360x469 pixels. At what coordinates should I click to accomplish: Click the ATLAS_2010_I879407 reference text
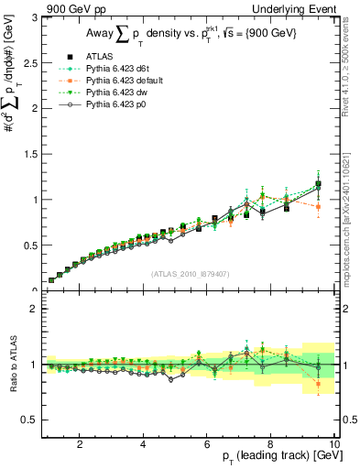pos(190,273)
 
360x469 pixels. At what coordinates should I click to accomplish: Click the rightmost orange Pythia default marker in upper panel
pos(318,207)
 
